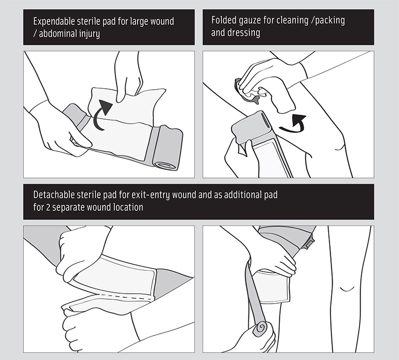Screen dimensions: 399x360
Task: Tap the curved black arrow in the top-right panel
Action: click(x=293, y=124)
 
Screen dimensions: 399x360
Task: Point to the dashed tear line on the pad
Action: click(x=126, y=296)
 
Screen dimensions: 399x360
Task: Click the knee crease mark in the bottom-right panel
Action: click(x=347, y=289)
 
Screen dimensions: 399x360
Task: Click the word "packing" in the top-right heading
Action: click(x=330, y=21)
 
